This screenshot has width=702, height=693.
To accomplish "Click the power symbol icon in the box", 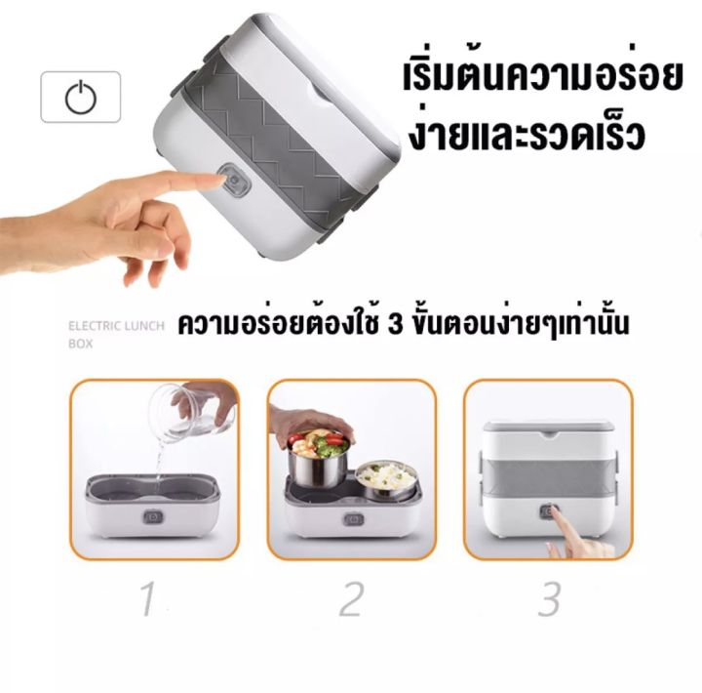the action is click(81, 97).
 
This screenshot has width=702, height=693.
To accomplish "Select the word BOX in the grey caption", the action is click(81, 344).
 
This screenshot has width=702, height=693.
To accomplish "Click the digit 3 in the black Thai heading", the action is click(395, 324).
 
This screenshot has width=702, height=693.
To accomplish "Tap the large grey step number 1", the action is click(148, 598).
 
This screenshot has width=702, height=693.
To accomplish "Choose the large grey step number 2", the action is click(350, 598).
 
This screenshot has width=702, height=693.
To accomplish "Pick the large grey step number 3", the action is click(549, 598).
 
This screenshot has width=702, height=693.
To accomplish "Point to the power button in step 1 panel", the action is click(153, 517).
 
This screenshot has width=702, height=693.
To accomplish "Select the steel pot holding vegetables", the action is click(318, 457).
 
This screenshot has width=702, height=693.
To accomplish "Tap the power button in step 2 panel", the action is click(353, 519).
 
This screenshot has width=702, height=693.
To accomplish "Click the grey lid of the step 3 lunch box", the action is click(548, 428).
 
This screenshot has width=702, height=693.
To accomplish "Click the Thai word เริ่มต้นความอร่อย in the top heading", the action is click(543, 77).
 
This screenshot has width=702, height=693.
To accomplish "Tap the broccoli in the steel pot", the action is click(330, 443).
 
